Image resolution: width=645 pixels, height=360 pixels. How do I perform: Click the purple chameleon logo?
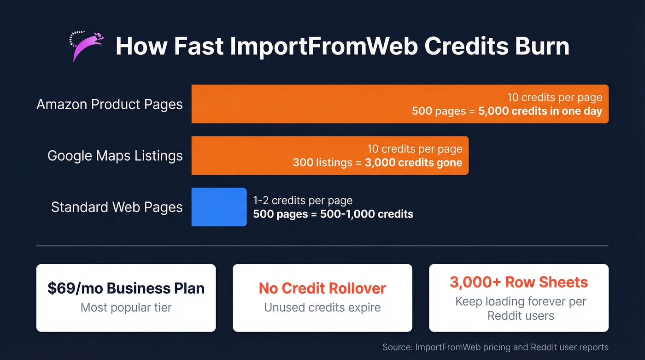click(86, 46)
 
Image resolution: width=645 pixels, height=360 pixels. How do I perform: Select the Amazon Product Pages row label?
click(110, 104)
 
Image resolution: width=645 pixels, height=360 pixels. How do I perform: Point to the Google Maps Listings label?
click(115, 156)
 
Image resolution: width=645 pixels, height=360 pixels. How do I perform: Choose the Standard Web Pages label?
click(117, 207)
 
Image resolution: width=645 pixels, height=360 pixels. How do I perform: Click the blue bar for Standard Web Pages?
click(219, 207)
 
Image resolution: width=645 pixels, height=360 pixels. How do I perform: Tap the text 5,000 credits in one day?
click(540, 112)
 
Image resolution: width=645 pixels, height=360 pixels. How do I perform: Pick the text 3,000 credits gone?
click(413, 163)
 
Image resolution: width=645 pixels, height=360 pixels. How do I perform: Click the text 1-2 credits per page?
click(303, 201)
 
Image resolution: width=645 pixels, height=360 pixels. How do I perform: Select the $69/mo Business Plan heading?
click(126, 288)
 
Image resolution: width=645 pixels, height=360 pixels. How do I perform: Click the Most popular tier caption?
click(126, 307)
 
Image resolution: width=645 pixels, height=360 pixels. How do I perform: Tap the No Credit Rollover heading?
click(322, 288)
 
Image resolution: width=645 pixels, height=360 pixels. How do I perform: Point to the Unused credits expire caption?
click(322, 307)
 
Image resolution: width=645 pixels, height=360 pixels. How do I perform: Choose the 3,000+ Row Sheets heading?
click(519, 282)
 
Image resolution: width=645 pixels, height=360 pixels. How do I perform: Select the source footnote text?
click(495, 347)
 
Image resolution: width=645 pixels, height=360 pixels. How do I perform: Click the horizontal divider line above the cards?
click(322, 246)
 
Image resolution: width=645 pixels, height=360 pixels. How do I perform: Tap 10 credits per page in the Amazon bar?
click(555, 98)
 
